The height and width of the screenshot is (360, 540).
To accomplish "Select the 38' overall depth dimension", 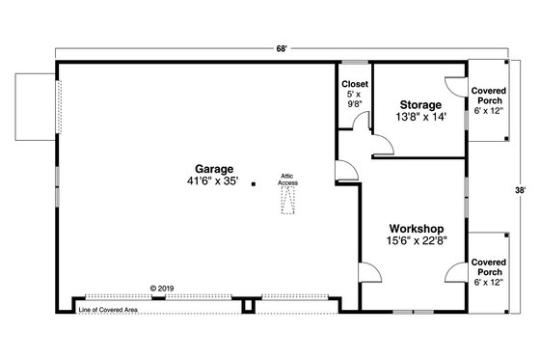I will (x=521, y=190).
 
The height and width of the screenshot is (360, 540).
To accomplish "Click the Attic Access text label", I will (x=288, y=178).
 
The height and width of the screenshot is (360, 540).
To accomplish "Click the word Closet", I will (x=353, y=83).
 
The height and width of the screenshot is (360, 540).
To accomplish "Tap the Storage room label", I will (x=420, y=104).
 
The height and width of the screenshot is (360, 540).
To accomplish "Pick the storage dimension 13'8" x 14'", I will (x=420, y=118).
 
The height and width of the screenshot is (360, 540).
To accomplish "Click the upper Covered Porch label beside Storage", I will (x=489, y=99).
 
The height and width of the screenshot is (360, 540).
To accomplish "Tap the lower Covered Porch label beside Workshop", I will (x=489, y=269).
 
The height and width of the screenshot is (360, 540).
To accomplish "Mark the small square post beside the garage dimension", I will (x=254, y=182).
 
